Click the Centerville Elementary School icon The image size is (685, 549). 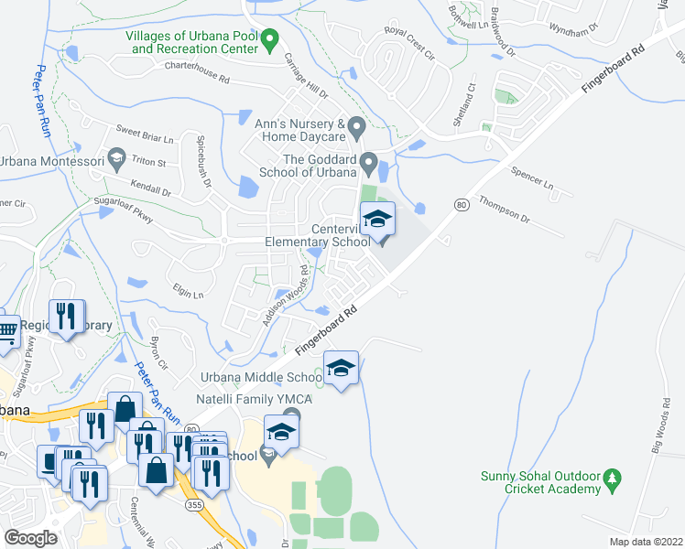click(376, 221)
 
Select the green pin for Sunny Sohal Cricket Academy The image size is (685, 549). click(613, 478)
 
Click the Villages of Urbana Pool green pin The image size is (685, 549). click(269, 39)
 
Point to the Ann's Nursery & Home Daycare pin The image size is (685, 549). click(357, 125)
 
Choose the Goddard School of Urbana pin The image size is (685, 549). click(369, 165)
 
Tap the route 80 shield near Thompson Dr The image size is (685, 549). click(461, 205)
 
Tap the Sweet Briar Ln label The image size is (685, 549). click(144, 134)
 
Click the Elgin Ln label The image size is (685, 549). click(186, 292)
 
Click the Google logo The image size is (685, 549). click(30, 537)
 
